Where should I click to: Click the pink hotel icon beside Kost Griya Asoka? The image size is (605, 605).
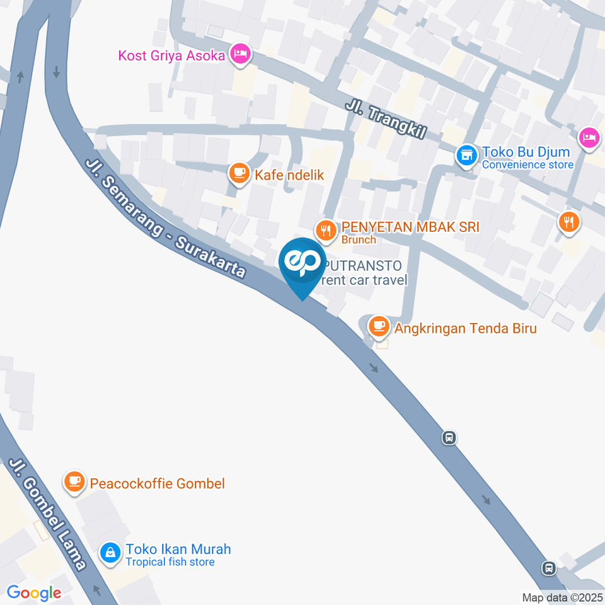pyautogui.click(x=239, y=54)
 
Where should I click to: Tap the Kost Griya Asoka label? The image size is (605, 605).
pyautogui.click(x=171, y=55)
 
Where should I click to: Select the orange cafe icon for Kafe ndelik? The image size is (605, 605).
pyautogui.click(x=238, y=173)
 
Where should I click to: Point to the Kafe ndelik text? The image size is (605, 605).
pyautogui.click(x=289, y=175)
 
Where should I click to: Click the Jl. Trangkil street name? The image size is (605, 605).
pyautogui.click(x=386, y=120)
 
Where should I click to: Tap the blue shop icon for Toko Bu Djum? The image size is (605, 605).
pyautogui.click(x=466, y=154)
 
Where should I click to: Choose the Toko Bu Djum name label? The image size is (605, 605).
pyautogui.click(x=526, y=152)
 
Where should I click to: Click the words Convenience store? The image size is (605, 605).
pyautogui.click(x=527, y=165)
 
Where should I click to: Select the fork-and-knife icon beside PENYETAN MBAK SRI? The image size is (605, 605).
pyautogui.click(x=326, y=230)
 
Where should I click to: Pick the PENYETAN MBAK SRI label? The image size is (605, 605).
pyautogui.click(x=410, y=228)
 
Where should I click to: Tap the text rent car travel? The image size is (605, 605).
pyautogui.click(x=364, y=280)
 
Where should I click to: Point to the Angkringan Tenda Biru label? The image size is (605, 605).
pyautogui.click(x=466, y=328)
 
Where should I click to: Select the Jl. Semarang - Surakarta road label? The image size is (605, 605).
pyautogui.click(x=165, y=218)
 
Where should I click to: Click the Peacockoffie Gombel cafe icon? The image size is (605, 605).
pyautogui.click(x=74, y=483)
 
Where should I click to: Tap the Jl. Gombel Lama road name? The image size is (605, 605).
pyautogui.click(x=47, y=514)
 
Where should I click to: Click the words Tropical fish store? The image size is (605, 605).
pyautogui.click(x=170, y=562)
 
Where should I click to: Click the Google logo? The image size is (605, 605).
pyautogui.click(x=34, y=592)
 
